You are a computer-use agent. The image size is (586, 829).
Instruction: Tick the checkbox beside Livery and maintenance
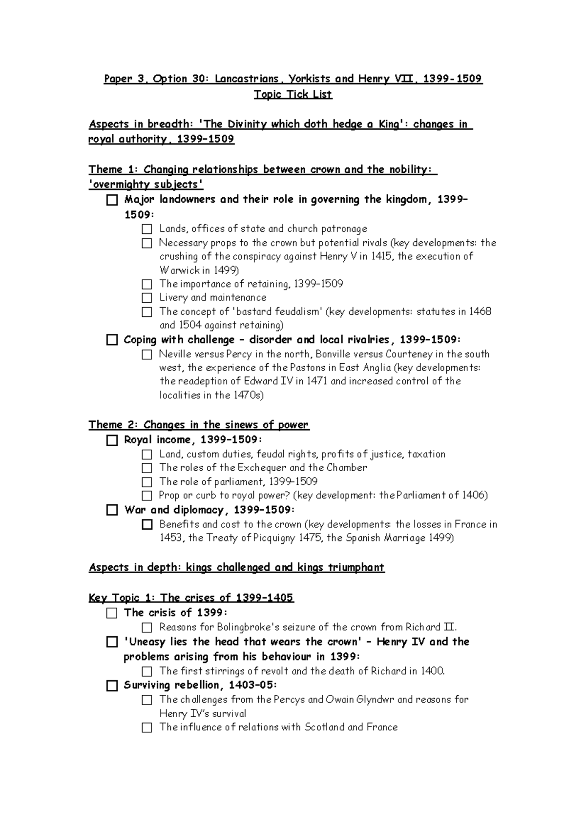pyautogui.click(x=147, y=298)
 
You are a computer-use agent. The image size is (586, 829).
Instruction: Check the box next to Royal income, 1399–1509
pyautogui.click(x=112, y=440)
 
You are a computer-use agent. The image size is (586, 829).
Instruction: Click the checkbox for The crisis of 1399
pyautogui.click(x=112, y=613)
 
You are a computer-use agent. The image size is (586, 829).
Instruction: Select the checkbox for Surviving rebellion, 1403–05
pyautogui.click(x=112, y=685)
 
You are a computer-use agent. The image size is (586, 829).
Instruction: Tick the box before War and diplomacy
pyautogui.click(x=112, y=510)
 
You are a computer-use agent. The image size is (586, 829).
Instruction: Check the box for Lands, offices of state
pyautogui.click(x=147, y=229)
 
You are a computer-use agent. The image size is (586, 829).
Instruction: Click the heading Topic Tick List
pyautogui.click(x=293, y=94)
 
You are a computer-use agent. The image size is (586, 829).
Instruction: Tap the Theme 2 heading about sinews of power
pyautogui.click(x=198, y=425)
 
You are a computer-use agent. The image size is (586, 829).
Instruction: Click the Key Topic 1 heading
pyautogui.click(x=191, y=598)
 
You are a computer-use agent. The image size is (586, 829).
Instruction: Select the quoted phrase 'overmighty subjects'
pyautogui.click(x=146, y=185)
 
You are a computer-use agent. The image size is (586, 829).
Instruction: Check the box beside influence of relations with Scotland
pyautogui.click(x=147, y=728)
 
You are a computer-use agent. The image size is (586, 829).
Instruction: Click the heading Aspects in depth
pyautogui.click(x=236, y=567)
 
